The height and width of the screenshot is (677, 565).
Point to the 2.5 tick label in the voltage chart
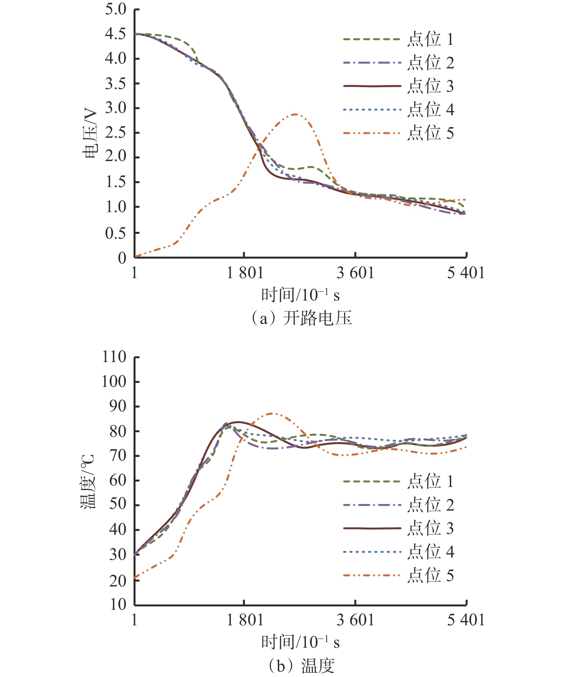[115, 132]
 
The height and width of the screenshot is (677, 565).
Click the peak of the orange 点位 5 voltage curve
[295, 114]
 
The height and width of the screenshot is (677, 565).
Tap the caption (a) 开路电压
[301, 318]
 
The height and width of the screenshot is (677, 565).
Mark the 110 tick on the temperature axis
[114, 357]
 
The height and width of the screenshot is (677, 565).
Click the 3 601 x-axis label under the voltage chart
[355, 273]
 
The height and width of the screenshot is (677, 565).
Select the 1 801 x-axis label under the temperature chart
[245, 620]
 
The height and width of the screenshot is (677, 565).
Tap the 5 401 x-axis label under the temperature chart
[465, 620]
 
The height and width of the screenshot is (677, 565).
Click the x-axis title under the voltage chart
[300, 295]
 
